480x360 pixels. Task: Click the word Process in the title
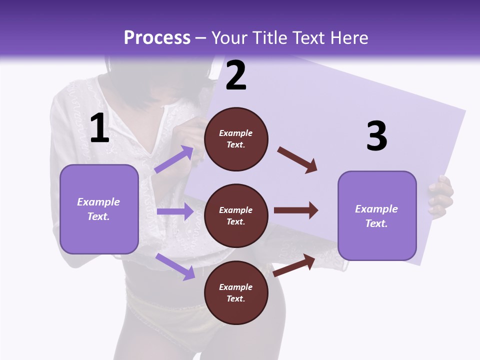click(157, 37)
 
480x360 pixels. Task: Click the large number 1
click(99, 128)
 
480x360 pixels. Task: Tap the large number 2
click(236, 75)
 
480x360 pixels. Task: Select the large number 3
click(376, 136)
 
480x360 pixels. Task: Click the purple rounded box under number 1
click(99, 209)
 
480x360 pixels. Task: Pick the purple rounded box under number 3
click(377, 216)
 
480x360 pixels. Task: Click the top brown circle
click(236, 139)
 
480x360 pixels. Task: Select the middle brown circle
click(236, 216)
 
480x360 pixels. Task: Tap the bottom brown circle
click(236, 293)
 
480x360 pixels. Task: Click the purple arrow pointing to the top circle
click(174, 159)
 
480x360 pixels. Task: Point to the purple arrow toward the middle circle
click(175, 211)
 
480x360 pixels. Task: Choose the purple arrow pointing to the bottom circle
click(175, 266)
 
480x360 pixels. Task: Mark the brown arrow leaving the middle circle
click(296, 210)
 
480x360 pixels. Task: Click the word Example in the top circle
click(236, 133)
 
